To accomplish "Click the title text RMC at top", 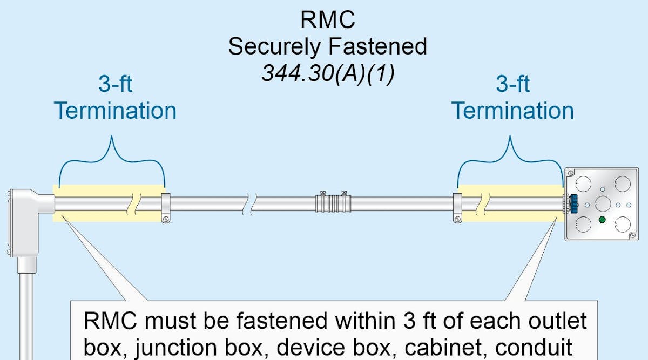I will pos(328,20).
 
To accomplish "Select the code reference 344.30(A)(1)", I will pos(328,73).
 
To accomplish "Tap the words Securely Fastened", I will pos(328,46).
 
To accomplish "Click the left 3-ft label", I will pos(115,84).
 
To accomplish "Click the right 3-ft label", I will pos(512,84).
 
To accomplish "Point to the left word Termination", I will pos(115,111).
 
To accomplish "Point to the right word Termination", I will pos(512,111).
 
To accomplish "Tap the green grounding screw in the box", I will pos(602,220).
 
